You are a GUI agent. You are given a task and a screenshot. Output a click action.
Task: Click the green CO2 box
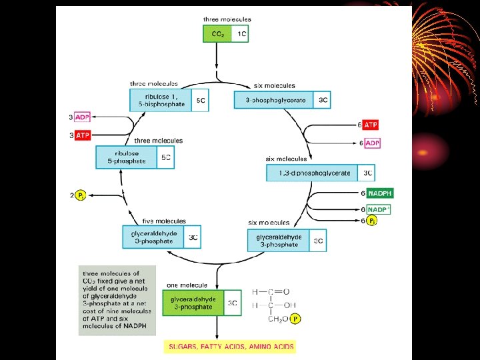218,34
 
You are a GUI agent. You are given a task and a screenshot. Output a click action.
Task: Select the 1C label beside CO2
240,34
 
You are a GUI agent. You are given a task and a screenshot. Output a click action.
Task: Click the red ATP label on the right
371,125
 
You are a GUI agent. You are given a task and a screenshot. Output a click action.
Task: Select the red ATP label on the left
83,135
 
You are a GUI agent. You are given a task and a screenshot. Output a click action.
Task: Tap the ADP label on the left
82,117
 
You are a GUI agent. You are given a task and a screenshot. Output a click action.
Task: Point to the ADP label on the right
371,143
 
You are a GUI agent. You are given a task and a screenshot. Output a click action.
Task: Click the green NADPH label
380,193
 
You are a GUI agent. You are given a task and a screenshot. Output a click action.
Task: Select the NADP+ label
379,209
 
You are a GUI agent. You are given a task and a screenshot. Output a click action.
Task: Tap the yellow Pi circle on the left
81,195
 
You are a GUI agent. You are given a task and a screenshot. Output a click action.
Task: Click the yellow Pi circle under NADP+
372,221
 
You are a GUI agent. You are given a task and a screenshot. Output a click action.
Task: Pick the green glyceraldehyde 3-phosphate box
191,303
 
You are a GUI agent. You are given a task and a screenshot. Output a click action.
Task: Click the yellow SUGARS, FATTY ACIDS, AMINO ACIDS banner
229,347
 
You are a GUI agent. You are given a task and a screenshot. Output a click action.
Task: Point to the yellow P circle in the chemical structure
295,319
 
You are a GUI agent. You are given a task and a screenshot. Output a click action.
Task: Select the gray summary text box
117,300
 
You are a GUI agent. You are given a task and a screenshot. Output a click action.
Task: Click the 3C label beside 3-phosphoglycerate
323,100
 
